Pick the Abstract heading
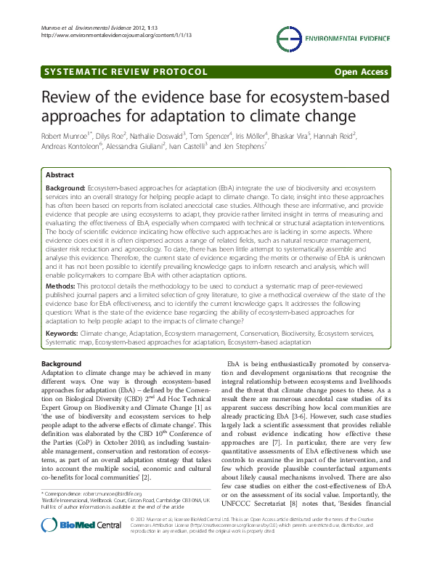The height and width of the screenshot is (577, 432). click(x=60, y=174)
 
